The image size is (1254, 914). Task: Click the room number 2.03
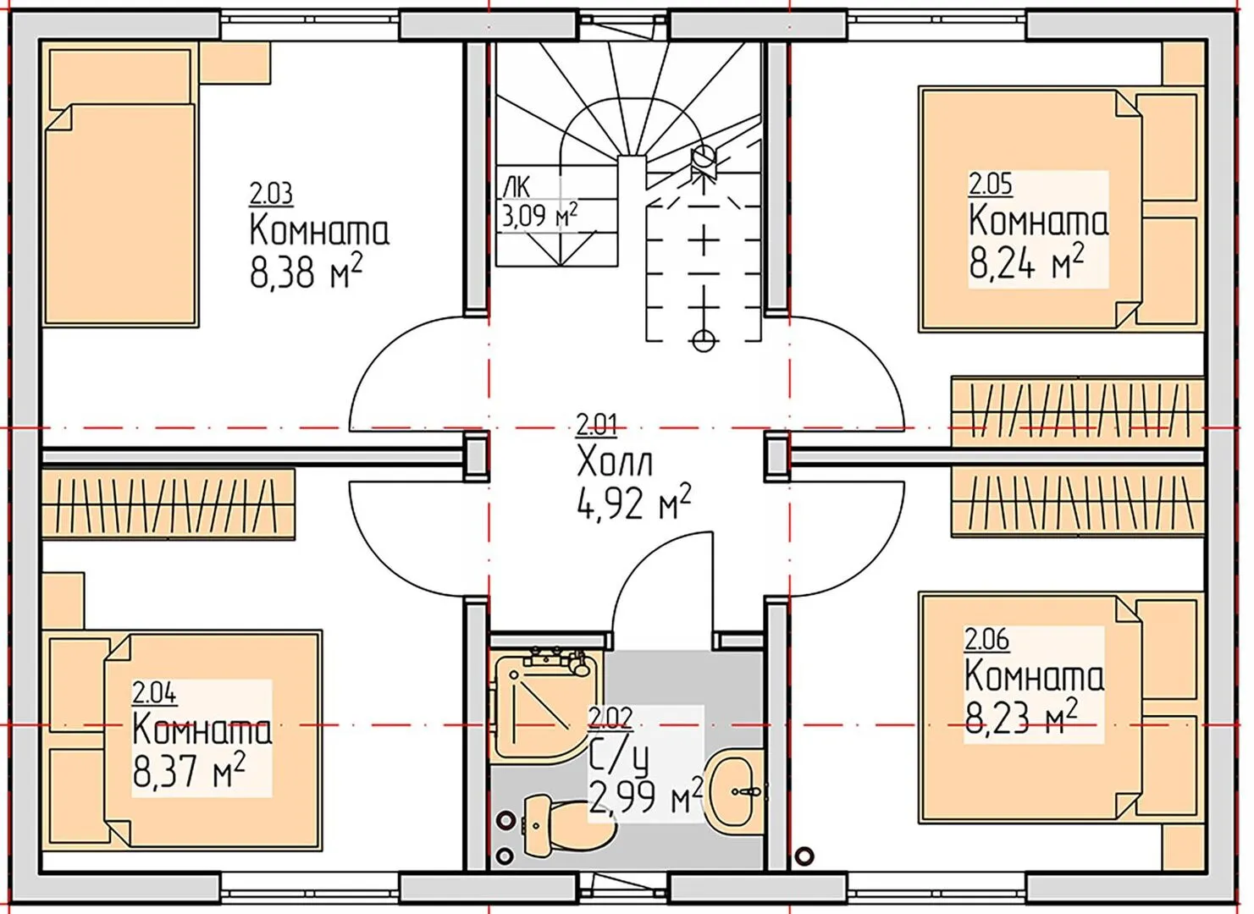271,194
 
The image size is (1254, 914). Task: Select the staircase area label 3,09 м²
539,216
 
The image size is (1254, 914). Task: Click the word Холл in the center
614,462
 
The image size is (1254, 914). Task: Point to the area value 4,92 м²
633,502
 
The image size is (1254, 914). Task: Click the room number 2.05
990,184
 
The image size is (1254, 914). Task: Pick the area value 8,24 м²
1026,262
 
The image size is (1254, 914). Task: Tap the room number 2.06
986,639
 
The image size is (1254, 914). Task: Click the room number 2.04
154,694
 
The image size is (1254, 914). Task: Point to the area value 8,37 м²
189,770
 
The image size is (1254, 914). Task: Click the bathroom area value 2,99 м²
645,797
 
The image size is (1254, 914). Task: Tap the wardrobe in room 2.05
1077,410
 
